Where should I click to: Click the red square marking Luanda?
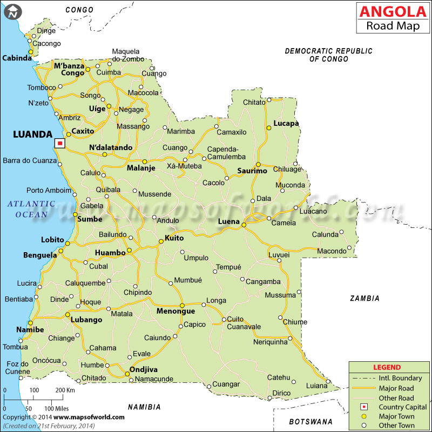point(60,143)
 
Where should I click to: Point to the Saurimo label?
point(252,171)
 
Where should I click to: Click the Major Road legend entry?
point(396,388)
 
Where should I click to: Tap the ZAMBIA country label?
point(364,298)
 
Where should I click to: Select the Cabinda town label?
point(17,58)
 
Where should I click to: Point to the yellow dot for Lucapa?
point(268,128)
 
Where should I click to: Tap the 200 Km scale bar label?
point(65,390)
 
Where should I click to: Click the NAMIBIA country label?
point(144,407)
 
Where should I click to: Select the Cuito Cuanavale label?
point(244,323)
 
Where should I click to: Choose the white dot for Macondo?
point(349,248)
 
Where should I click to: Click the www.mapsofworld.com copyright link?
point(89,417)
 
